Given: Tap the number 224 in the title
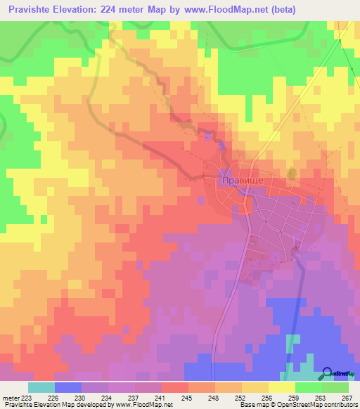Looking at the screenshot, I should point(125,10).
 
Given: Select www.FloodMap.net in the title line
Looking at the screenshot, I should point(222,10).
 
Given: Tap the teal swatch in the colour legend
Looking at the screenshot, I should point(41,387).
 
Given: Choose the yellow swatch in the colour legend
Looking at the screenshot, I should point(282,387).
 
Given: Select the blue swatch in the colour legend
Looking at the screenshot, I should point(68,387).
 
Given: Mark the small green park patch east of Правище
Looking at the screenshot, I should point(292,172).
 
